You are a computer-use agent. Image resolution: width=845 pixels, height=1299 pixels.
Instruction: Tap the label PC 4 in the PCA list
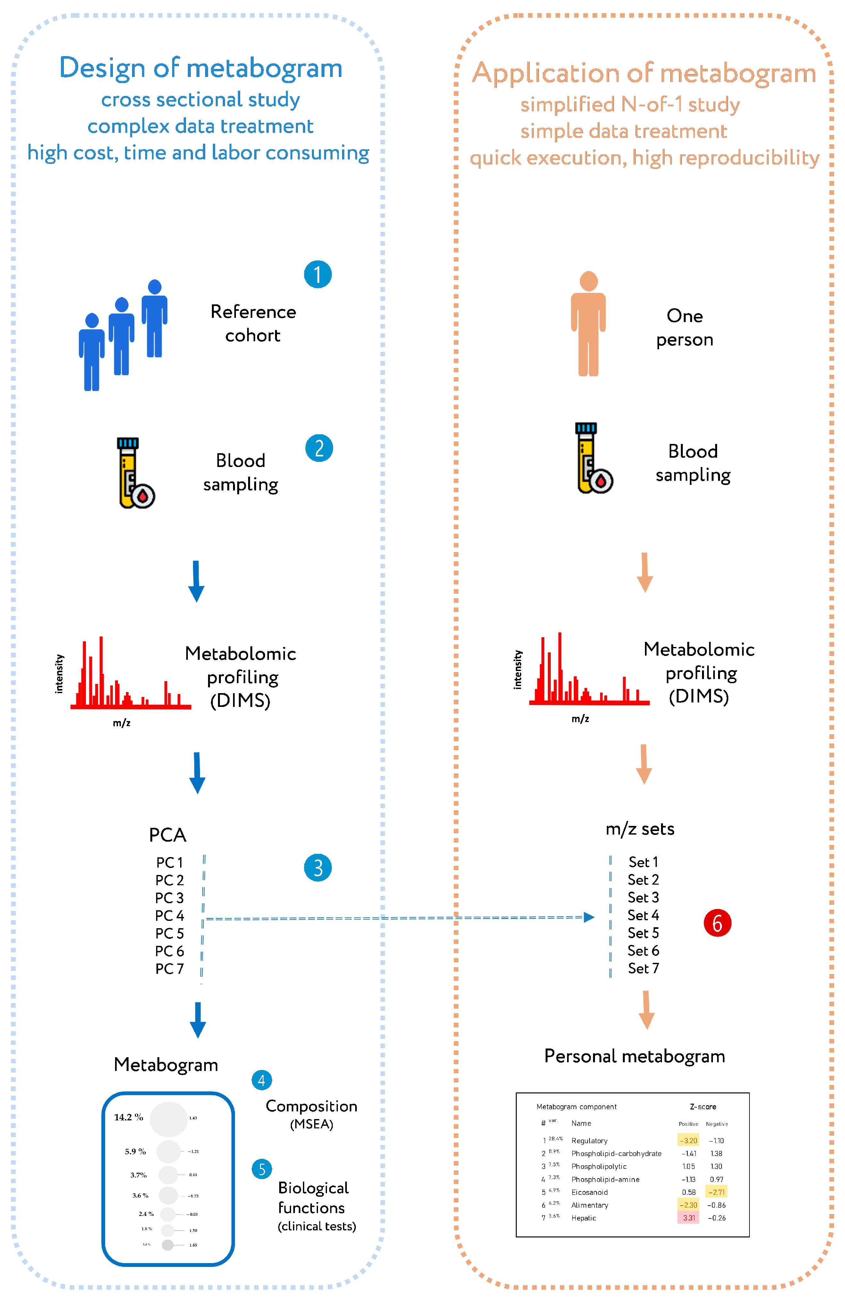[x=169, y=915]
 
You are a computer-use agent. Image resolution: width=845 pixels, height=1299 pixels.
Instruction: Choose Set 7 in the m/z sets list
[x=643, y=968]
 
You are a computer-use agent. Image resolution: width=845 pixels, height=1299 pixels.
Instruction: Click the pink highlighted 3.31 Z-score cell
[x=689, y=1218]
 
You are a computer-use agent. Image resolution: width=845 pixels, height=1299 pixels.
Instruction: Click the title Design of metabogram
[x=201, y=68]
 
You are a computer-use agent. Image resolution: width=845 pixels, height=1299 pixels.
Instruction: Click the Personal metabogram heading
[x=634, y=1056]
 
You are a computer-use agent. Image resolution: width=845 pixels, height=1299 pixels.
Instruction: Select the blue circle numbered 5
[x=262, y=1169]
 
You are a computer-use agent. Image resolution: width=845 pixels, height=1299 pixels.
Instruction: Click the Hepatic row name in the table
[x=583, y=1218]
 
